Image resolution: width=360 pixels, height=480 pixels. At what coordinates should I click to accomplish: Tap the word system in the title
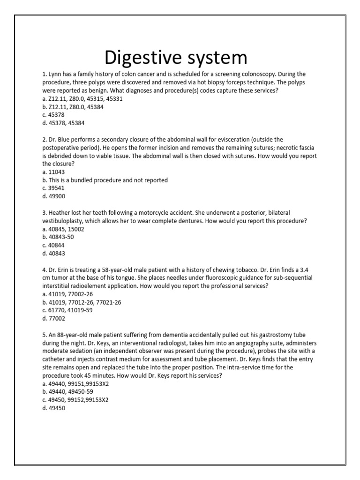tap(215, 58)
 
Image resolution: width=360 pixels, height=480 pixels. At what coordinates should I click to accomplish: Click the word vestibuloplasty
tap(65, 221)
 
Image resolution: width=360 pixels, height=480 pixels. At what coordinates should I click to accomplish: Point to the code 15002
tap(75, 229)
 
